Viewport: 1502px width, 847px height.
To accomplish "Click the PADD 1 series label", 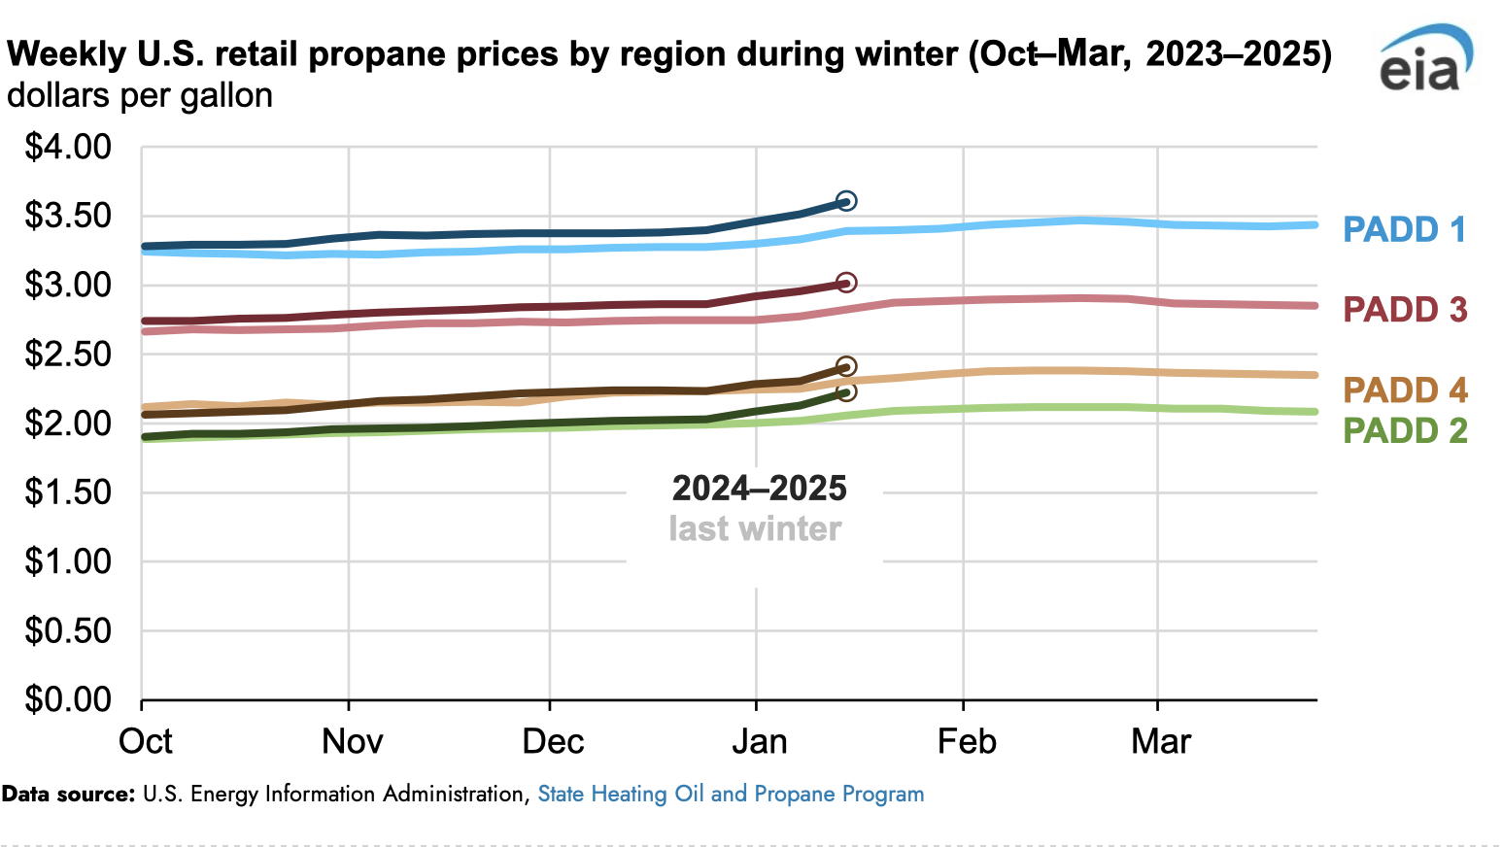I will pos(1404,229).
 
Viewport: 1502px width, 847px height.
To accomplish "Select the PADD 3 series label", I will pos(1404,310).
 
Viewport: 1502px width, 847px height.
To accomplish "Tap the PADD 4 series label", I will pos(1404,390).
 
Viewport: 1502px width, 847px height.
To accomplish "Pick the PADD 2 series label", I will pos(1404,430).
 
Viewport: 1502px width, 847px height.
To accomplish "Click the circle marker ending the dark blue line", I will pos(846,201).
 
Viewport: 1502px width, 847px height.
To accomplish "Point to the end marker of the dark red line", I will pos(846,283).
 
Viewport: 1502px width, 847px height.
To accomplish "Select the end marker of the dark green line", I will pos(846,391).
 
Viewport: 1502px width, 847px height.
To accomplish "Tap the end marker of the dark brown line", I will pos(846,366).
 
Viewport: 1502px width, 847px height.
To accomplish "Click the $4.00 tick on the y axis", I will pos(68,148).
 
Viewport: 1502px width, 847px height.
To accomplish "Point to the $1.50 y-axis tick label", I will pos(68,492).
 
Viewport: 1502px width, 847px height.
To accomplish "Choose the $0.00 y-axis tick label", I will pos(68,699).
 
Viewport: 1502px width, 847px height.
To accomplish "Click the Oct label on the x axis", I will pos(146,742).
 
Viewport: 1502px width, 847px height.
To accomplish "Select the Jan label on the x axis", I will pos(760,742).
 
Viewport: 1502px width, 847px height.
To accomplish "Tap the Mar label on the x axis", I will pos(1161,742).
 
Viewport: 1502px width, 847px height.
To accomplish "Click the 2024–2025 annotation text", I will pos(759,488).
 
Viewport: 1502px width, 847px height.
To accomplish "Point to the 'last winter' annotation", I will pos(755,528).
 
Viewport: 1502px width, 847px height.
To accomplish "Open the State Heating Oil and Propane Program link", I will pos(731,794).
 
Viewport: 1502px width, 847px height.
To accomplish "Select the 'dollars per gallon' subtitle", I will pos(140,95).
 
